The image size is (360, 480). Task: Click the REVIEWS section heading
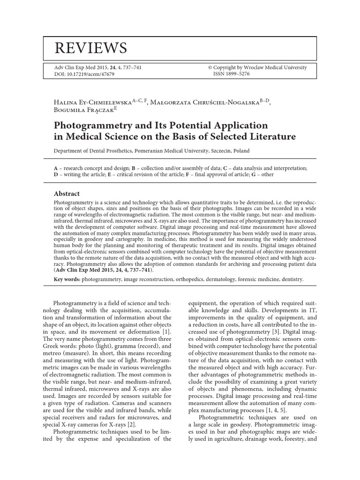pos(91,47)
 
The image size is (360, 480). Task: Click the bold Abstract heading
pos(67,194)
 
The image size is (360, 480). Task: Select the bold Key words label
pos(67,279)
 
